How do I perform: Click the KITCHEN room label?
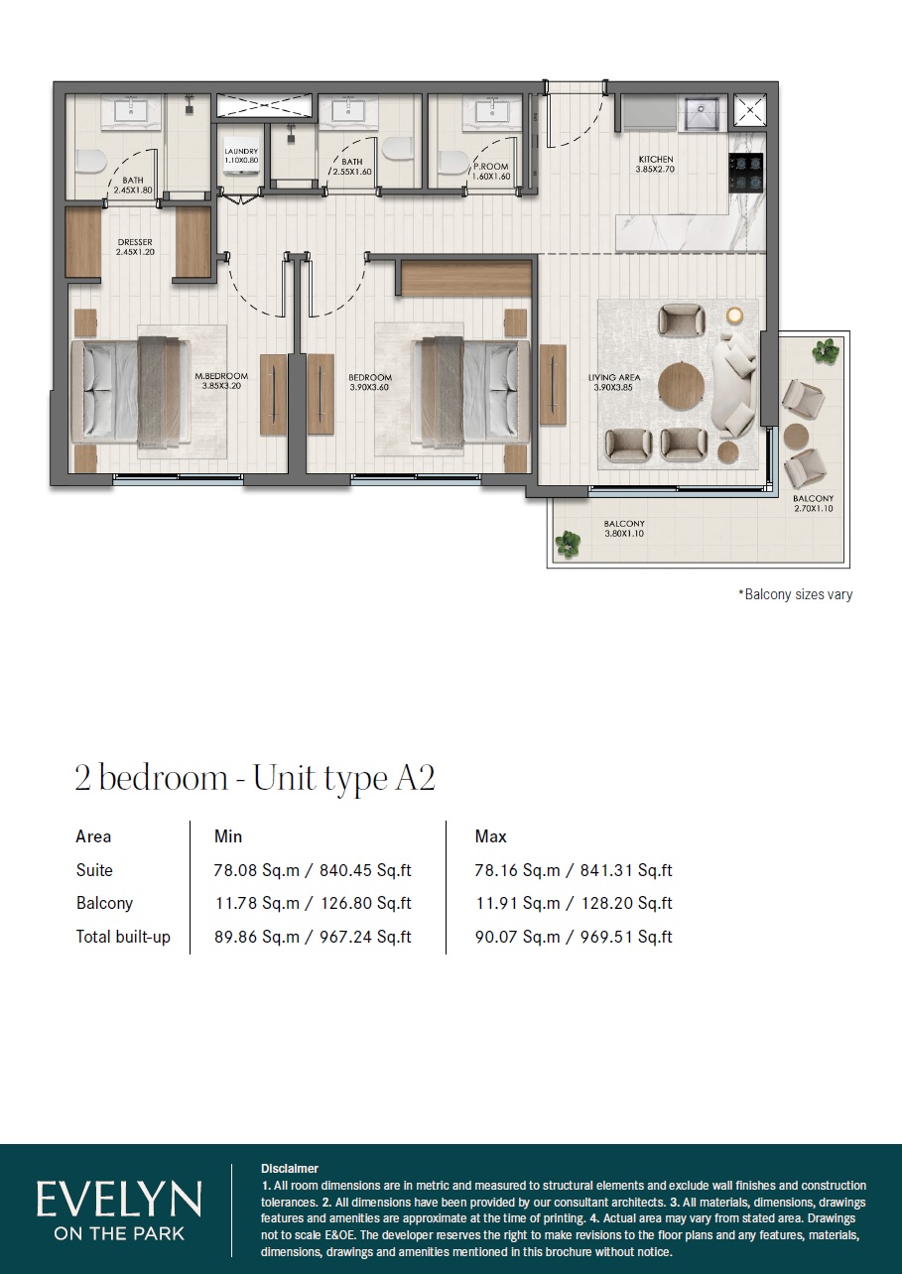pyautogui.click(x=654, y=159)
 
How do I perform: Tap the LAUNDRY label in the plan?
pyautogui.click(x=241, y=152)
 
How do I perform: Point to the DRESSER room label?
pyautogui.click(x=134, y=241)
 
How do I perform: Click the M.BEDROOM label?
pyautogui.click(x=220, y=377)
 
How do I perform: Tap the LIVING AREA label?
pyautogui.click(x=612, y=377)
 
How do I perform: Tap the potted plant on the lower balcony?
pyautogui.click(x=568, y=543)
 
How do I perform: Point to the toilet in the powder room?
pyautogui.click(x=452, y=164)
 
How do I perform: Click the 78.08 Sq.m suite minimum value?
pyautogui.click(x=257, y=870)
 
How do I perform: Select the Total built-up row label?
pyautogui.click(x=123, y=936)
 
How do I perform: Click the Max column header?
pyautogui.click(x=491, y=836)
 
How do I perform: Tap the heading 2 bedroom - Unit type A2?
pyautogui.click(x=255, y=778)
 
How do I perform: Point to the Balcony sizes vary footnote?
pyautogui.click(x=795, y=594)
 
